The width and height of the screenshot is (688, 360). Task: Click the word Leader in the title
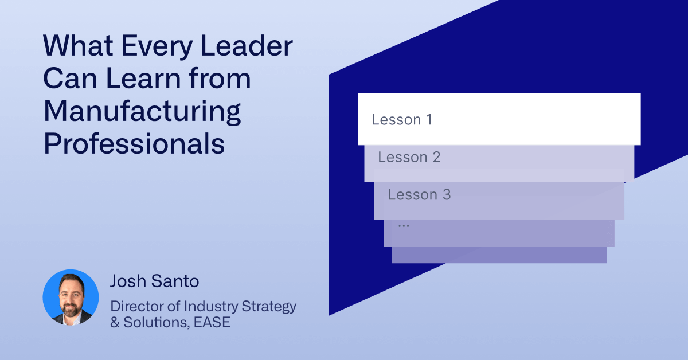[x=247, y=46]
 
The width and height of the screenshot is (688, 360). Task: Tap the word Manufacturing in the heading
[x=142, y=112]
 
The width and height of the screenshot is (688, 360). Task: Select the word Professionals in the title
[x=134, y=144]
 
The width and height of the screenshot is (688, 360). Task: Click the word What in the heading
[x=78, y=46]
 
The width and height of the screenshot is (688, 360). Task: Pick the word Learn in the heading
[x=143, y=79]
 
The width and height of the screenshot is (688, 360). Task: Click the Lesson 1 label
[x=402, y=119]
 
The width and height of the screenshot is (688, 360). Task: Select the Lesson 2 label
[x=409, y=157]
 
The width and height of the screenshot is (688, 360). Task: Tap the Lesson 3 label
[x=419, y=195]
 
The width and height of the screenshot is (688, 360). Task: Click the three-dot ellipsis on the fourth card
[x=404, y=226]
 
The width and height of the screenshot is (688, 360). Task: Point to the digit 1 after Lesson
[x=429, y=119]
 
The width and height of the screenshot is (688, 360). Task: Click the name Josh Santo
[x=154, y=281]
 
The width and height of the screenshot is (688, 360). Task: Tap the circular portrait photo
[x=71, y=298]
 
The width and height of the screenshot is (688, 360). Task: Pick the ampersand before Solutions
[x=115, y=323]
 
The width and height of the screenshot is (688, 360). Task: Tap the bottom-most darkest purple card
[x=499, y=255]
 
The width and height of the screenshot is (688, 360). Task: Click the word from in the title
[x=220, y=79]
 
